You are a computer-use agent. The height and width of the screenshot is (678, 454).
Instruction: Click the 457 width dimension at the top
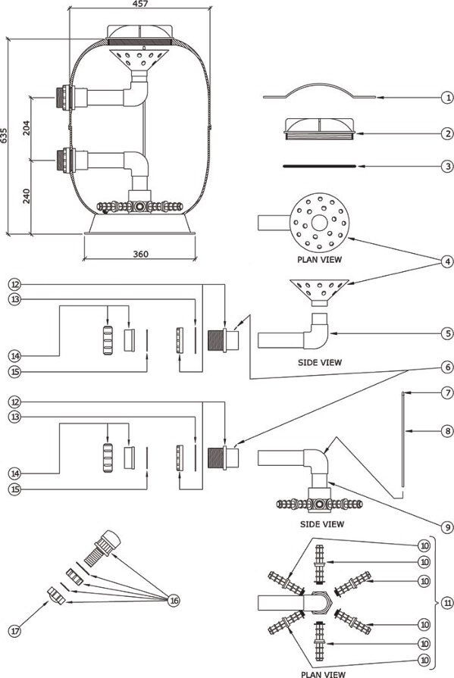pos(140,4)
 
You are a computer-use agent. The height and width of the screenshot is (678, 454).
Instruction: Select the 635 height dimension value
pos(4,136)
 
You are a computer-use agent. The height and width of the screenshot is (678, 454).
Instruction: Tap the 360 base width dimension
pos(140,254)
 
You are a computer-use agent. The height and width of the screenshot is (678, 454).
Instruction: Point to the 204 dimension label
pos(27,128)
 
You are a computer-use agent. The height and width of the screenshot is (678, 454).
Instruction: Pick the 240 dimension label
pos(27,197)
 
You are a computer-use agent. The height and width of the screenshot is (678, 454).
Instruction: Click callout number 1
pos(447,98)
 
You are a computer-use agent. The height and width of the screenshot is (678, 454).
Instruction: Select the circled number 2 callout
pos(447,133)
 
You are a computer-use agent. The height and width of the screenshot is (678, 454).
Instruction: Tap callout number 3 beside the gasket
pos(447,166)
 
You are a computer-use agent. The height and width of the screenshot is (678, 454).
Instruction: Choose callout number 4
pos(447,261)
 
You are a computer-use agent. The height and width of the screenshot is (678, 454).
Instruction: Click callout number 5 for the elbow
pos(447,333)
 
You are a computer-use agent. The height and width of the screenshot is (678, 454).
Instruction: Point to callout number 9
pos(447,527)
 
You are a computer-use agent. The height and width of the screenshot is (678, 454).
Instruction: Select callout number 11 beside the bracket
pos(447,603)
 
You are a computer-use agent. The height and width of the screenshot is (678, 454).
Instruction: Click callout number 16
pos(174,601)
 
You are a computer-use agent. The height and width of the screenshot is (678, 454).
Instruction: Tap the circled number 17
pos(15,631)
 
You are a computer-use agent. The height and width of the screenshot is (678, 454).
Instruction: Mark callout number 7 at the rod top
pos(447,392)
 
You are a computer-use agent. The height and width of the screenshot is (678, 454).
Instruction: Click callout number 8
pos(447,431)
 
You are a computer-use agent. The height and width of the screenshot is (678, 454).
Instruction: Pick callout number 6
pos(447,367)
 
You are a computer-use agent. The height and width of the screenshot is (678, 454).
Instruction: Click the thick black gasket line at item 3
pos(319,166)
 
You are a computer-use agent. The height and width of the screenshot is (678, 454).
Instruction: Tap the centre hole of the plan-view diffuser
pos(319,223)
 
